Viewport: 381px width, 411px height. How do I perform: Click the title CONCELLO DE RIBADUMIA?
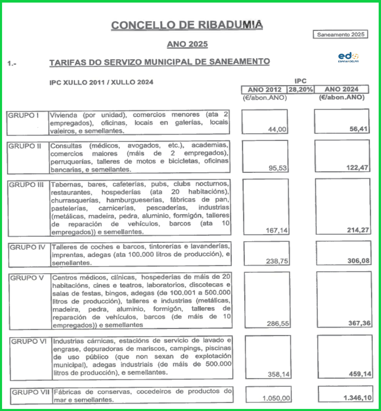187,25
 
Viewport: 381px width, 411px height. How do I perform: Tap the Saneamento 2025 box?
340,35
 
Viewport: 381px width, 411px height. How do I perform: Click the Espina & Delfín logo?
348,57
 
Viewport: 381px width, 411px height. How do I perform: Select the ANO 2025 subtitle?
187,44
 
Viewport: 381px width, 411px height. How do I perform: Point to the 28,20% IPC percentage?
301,90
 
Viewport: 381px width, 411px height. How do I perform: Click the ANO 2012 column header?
264,90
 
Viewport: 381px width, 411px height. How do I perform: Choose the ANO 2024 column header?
341,89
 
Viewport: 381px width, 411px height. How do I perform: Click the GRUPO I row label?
23,115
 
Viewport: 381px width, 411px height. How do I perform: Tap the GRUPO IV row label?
27,247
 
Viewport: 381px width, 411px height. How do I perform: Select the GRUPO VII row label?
30,392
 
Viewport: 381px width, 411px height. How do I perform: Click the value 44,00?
277,129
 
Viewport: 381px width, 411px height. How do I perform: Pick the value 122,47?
357,168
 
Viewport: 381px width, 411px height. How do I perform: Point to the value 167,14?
277,230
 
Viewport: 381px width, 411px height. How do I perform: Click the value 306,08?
358,261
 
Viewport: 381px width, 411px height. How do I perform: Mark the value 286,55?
278,323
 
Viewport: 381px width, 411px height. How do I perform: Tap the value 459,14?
360,374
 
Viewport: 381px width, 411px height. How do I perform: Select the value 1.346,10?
357,398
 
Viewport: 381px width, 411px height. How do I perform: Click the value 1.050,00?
276,398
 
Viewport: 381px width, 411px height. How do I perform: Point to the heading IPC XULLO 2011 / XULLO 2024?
101,82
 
